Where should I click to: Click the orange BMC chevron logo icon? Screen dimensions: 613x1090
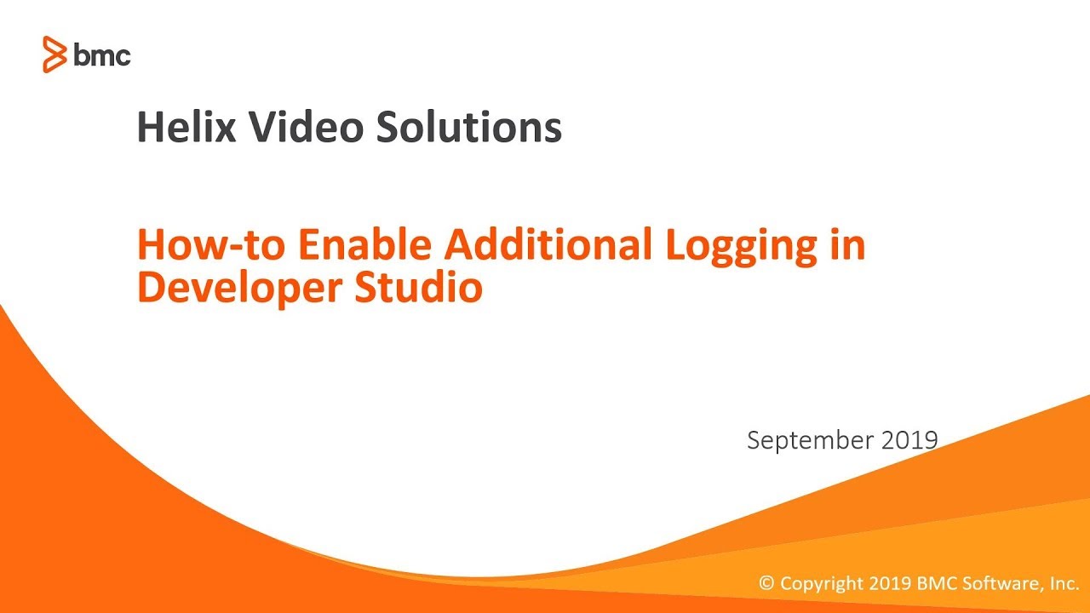(x=54, y=54)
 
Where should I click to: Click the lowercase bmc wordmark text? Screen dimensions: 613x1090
(x=102, y=55)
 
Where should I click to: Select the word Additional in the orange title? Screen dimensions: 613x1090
(x=546, y=245)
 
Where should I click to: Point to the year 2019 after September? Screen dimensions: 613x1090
(x=909, y=440)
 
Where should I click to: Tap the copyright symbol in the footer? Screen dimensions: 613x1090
(x=767, y=584)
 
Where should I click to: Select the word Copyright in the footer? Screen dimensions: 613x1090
(x=822, y=585)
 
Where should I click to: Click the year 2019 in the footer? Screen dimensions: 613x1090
(x=890, y=584)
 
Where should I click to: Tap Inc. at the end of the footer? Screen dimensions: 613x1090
(x=1064, y=584)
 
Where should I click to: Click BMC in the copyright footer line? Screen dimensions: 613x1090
(x=934, y=584)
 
